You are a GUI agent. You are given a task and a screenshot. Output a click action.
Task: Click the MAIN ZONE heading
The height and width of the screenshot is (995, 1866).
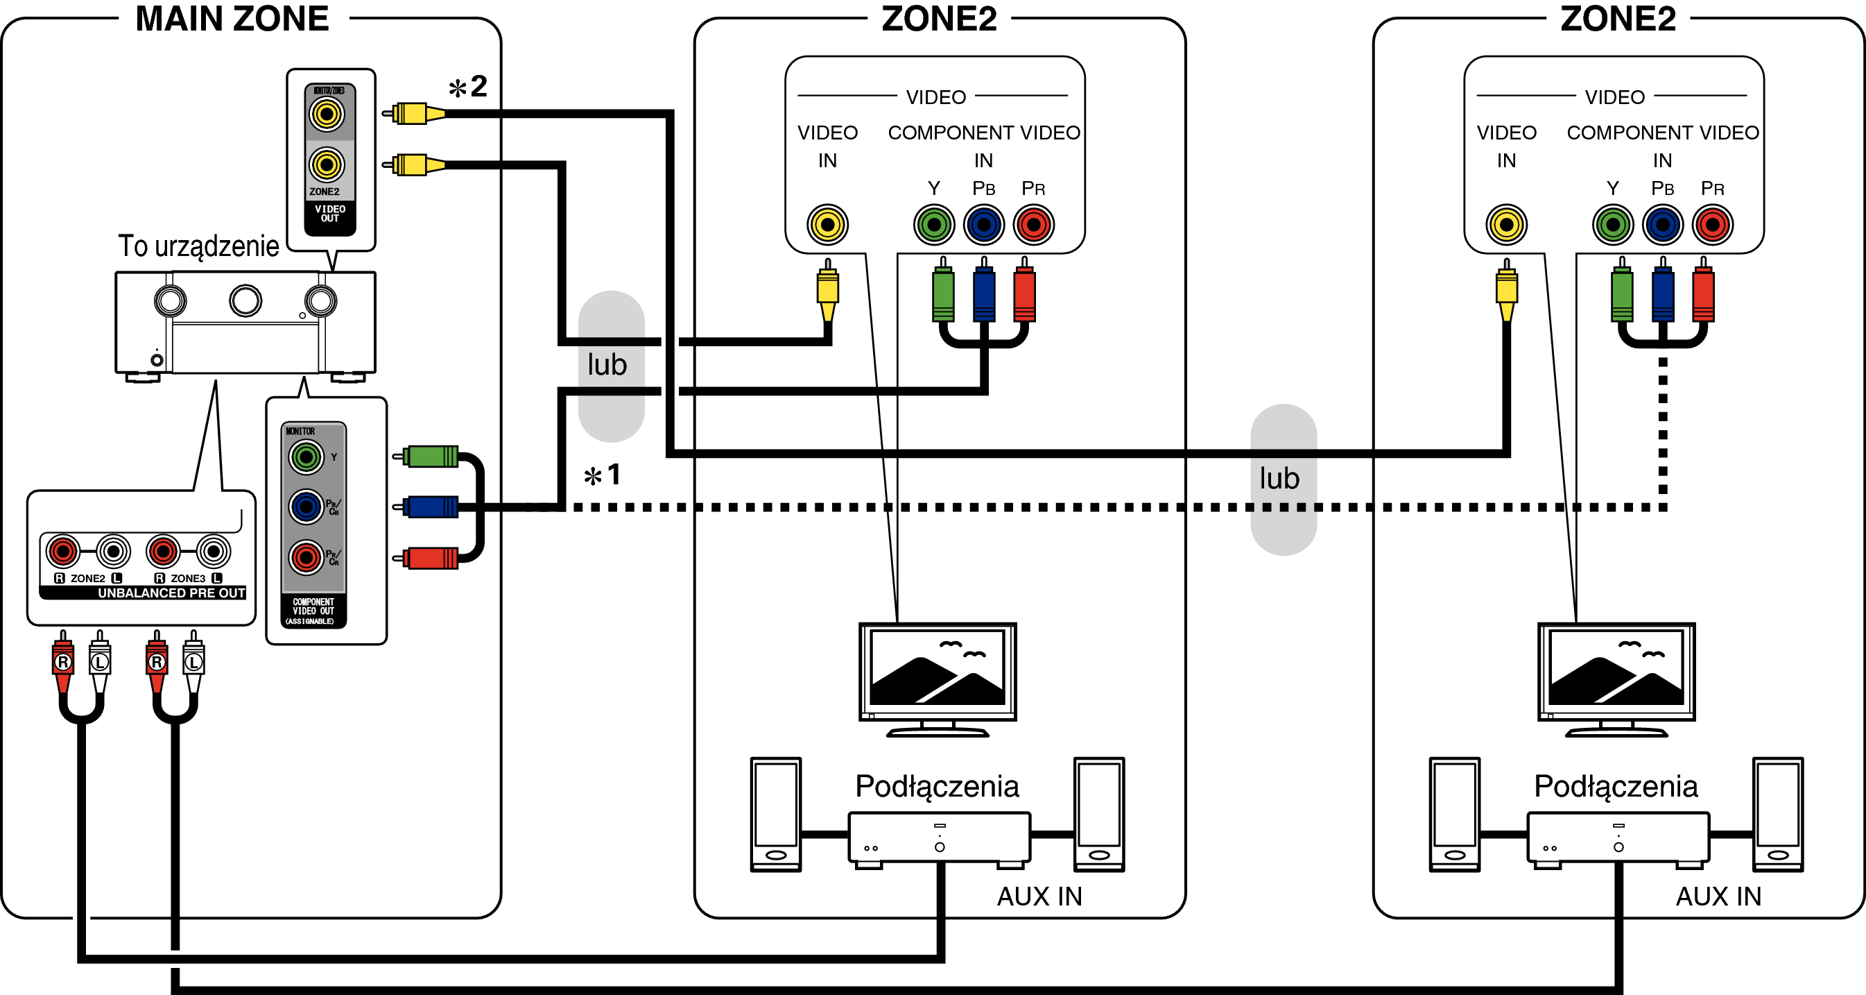point(232,19)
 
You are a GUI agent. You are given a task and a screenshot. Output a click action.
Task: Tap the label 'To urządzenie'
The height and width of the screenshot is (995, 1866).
point(198,246)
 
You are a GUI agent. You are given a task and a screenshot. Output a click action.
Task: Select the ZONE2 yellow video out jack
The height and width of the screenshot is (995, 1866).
point(327,164)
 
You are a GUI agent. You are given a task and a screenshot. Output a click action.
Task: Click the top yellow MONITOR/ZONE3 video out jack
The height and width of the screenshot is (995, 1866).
point(327,114)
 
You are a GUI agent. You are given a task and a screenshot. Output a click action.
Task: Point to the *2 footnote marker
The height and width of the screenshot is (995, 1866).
point(469,87)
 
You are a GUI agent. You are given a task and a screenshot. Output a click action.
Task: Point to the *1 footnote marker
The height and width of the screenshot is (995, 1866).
point(603,476)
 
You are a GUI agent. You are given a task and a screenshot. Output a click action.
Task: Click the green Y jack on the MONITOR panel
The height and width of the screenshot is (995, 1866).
point(306,457)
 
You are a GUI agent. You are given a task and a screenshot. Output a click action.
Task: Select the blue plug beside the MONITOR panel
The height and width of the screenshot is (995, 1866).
point(431,507)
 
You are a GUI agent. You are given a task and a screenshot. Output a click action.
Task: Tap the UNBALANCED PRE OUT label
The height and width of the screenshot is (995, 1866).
point(171,593)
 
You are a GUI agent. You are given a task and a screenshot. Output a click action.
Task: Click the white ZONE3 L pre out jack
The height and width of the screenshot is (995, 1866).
point(213,552)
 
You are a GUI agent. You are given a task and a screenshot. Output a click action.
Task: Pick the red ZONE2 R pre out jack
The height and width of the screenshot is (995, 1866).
point(63,552)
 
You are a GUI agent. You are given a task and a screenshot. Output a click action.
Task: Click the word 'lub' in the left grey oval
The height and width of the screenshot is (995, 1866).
point(607,365)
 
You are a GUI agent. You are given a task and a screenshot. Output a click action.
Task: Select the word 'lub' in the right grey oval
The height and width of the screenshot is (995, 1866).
point(1279,479)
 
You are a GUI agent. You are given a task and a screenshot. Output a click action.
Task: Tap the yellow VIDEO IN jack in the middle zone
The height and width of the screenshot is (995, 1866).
point(827,224)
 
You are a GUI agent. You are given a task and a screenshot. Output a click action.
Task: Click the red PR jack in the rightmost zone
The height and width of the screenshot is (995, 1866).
point(1713,224)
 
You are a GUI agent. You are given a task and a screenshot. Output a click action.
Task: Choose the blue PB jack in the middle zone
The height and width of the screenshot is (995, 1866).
point(984,224)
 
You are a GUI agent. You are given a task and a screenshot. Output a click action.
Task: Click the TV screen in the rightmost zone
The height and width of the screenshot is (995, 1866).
point(1616,667)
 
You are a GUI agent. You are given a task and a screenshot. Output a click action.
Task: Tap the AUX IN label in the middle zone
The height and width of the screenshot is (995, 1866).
point(1039,896)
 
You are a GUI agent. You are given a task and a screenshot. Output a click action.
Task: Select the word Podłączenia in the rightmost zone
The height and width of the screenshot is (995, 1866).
point(1616,786)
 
